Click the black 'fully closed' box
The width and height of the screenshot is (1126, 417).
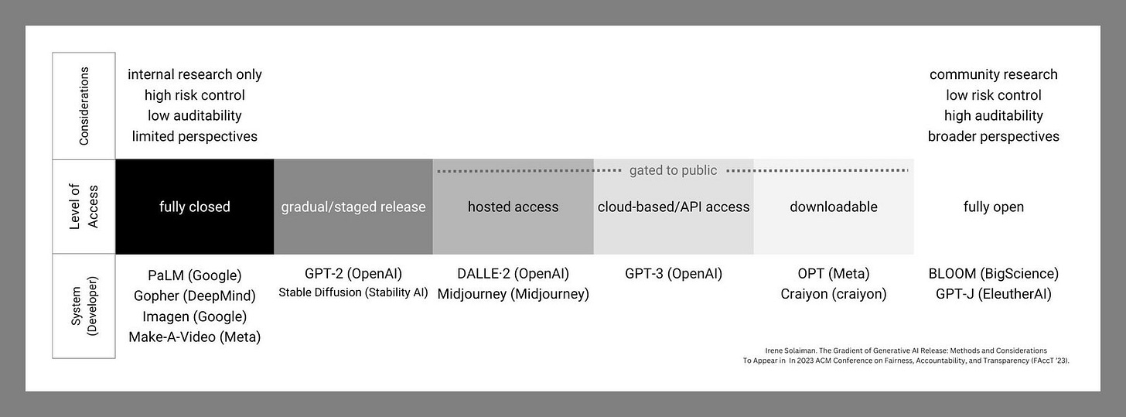(x=195, y=207)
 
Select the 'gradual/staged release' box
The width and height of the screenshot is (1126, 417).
(x=353, y=207)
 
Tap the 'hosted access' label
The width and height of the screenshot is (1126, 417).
(x=513, y=207)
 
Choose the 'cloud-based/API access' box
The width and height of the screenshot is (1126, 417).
(x=674, y=207)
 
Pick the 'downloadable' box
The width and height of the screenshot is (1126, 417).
(x=834, y=207)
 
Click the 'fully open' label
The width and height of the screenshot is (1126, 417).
(x=993, y=207)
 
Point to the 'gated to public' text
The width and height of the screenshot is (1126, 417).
(x=673, y=170)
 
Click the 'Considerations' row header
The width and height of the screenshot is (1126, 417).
(x=84, y=106)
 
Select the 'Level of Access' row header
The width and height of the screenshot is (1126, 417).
(x=84, y=207)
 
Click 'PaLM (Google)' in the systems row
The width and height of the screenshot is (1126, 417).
(x=195, y=275)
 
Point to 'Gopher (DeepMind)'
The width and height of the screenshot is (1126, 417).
(x=195, y=296)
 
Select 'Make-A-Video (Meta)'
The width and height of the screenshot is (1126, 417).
(x=195, y=337)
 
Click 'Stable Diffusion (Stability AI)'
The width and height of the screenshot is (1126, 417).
(x=353, y=292)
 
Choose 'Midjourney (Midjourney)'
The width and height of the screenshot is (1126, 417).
(x=513, y=294)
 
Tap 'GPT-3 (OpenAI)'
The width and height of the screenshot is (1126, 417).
(x=674, y=273)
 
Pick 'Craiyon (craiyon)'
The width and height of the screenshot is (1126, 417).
(x=834, y=294)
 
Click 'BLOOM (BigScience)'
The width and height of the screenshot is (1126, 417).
(x=993, y=273)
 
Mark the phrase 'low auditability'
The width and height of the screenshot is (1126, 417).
(x=195, y=115)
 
